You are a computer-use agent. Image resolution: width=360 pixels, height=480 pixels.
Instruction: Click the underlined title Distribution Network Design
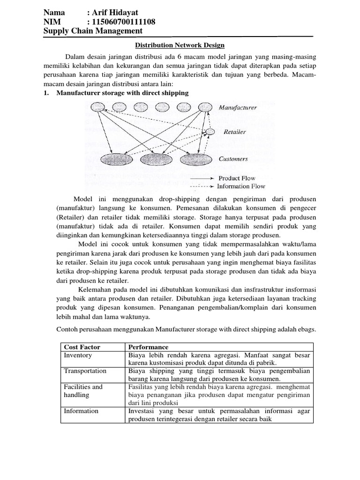pos(180,45)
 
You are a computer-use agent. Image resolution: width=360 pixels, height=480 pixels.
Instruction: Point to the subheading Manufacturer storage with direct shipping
pos(122,93)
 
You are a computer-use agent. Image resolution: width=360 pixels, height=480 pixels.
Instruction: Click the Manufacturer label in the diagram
pos(238,108)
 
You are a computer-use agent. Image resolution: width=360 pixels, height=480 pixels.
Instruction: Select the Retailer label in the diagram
pos(234,132)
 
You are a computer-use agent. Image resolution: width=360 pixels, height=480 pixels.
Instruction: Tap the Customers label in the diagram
pos(233,159)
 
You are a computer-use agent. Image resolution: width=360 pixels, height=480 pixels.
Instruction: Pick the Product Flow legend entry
pos(237,178)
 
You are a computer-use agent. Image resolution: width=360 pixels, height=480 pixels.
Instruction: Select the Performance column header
pos(149,347)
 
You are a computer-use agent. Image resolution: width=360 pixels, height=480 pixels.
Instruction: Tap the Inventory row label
pos(78,355)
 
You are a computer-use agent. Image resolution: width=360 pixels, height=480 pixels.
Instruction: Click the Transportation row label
pos(85,371)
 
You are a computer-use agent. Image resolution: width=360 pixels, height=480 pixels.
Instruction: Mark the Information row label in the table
pos(81,411)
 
